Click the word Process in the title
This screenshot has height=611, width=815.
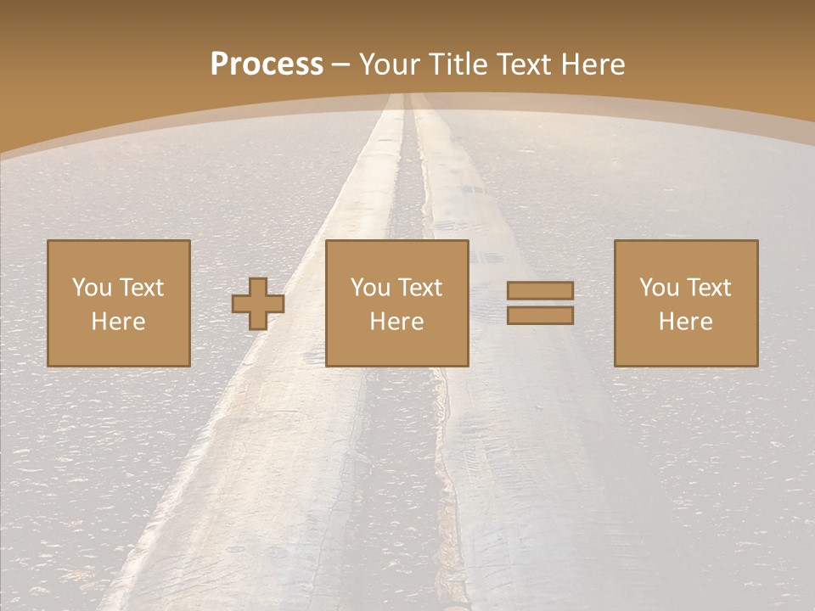click(x=267, y=64)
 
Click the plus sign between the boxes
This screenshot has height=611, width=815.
click(x=258, y=304)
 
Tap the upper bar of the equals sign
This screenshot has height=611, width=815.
click(x=540, y=291)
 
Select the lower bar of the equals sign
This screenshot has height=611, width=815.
click(x=540, y=316)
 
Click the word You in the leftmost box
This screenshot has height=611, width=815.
click(x=91, y=288)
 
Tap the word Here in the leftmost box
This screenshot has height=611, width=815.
click(x=118, y=322)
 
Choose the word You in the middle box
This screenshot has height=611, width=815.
click(x=370, y=288)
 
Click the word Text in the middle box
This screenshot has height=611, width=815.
click(x=419, y=288)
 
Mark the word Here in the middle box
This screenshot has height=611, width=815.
click(x=396, y=322)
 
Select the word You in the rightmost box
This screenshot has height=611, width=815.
click(x=659, y=288)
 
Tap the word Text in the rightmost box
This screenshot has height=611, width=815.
click(x=708, y=288)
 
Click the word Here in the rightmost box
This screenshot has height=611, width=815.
click(x=685, y=322)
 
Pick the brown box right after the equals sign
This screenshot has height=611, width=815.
click(x=686, y=348)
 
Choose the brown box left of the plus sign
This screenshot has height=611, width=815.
click(x=119, y=348)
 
